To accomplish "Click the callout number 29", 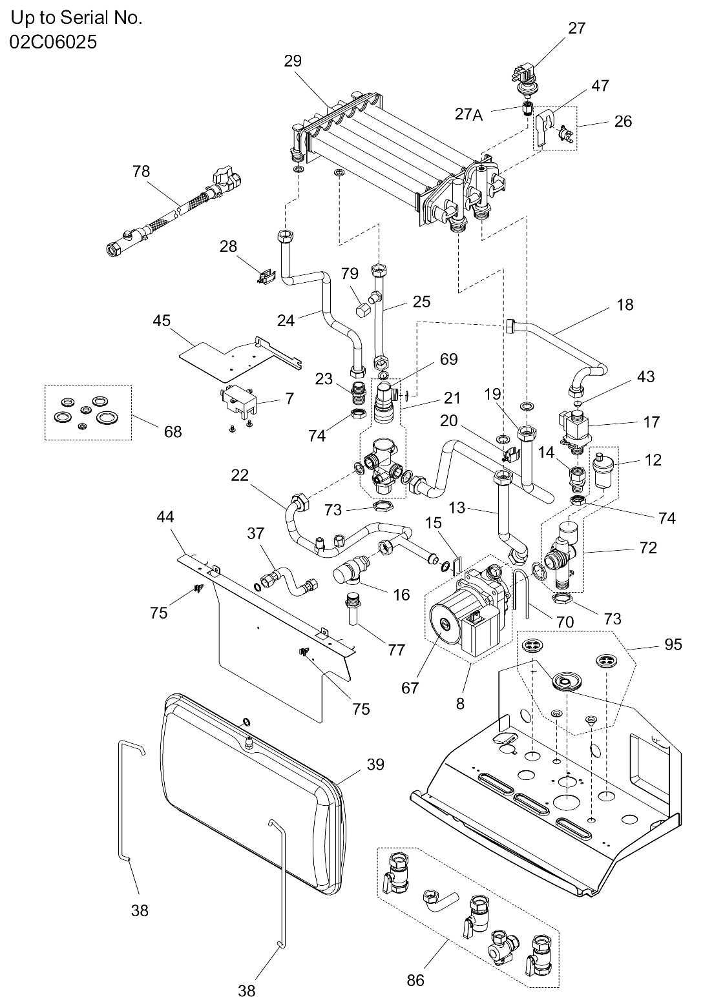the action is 293,61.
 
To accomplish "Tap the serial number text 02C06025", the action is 53,42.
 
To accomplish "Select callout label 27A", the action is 469,115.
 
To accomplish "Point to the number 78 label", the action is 142,171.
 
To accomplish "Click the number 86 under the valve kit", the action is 415,980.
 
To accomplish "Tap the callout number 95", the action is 673,644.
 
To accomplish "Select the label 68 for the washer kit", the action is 173,432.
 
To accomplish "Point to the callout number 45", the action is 162,320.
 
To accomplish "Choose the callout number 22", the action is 240,475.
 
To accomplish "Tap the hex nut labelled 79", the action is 361,309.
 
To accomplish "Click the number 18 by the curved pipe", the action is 625,305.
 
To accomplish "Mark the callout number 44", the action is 165,517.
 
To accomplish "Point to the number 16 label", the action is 401,595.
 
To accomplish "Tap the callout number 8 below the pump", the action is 460,704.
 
